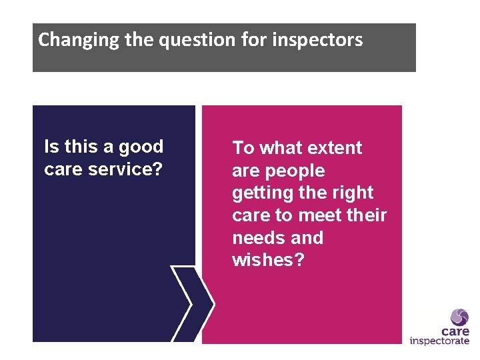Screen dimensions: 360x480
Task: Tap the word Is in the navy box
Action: pyautogui.click(x=51, y=147)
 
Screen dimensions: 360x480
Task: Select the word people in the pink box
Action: pyautogui.click(x=294, y=171)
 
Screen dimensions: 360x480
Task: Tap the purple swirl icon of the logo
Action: pyautogui.click(x=459, y=317)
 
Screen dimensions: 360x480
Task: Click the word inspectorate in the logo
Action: pyautogui.click(x=439, y=341)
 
